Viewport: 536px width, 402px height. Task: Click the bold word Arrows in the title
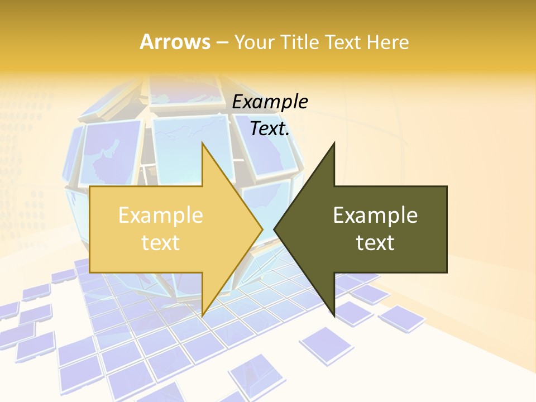(x=175, y=42)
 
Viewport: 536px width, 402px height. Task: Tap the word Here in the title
(x=387, y=42)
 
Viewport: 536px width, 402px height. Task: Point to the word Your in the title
(x=253, y=42)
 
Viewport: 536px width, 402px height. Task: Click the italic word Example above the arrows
(x=270, y=102)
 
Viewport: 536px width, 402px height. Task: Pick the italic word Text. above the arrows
(x=270, y=129)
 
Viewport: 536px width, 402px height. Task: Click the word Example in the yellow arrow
(x=160, y=216)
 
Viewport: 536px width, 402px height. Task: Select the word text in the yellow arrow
(x=160, y=243)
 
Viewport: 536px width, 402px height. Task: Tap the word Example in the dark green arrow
(x=375, y=216)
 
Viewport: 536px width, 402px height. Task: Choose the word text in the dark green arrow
(x=375, y=243)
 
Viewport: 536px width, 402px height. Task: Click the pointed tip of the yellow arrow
(x=263, y=229)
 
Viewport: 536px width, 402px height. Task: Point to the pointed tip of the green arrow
(x=274, y=229)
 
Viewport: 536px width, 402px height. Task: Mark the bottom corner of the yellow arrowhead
(x=202, y=316)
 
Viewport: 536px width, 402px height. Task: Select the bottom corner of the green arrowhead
(x=334, y=316)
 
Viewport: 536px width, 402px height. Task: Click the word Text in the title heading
(x=342, y=42)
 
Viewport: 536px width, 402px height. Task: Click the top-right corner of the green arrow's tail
(x=447, y=186)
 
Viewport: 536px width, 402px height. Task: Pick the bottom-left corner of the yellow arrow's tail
(x=90, y=272)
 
